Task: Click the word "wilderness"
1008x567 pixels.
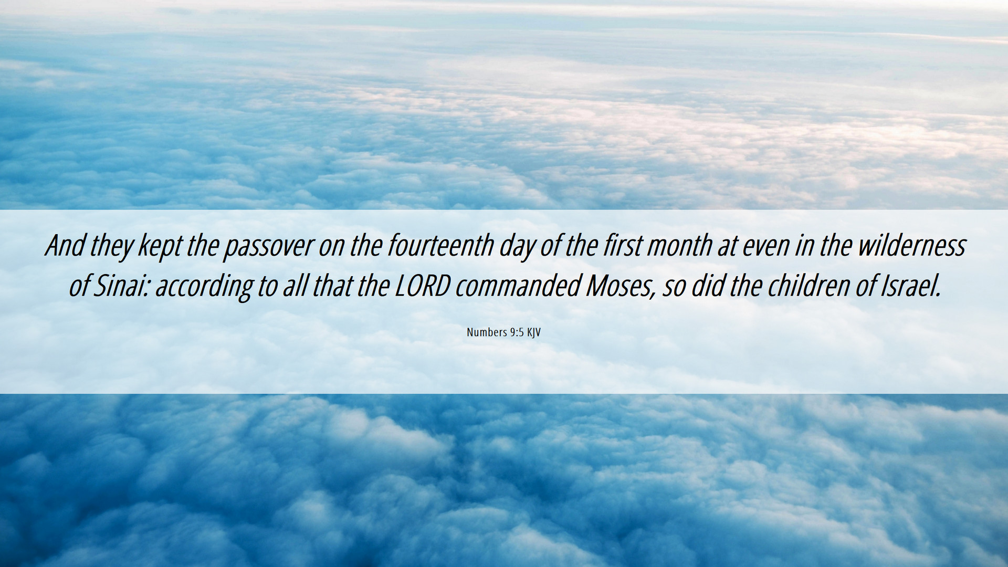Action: [x=911, y=245]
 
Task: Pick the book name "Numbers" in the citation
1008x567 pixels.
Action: [x=487, y=332]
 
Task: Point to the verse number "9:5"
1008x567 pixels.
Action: [x=517, y=332]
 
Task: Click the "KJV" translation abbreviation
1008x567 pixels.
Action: [x=534, y=333]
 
